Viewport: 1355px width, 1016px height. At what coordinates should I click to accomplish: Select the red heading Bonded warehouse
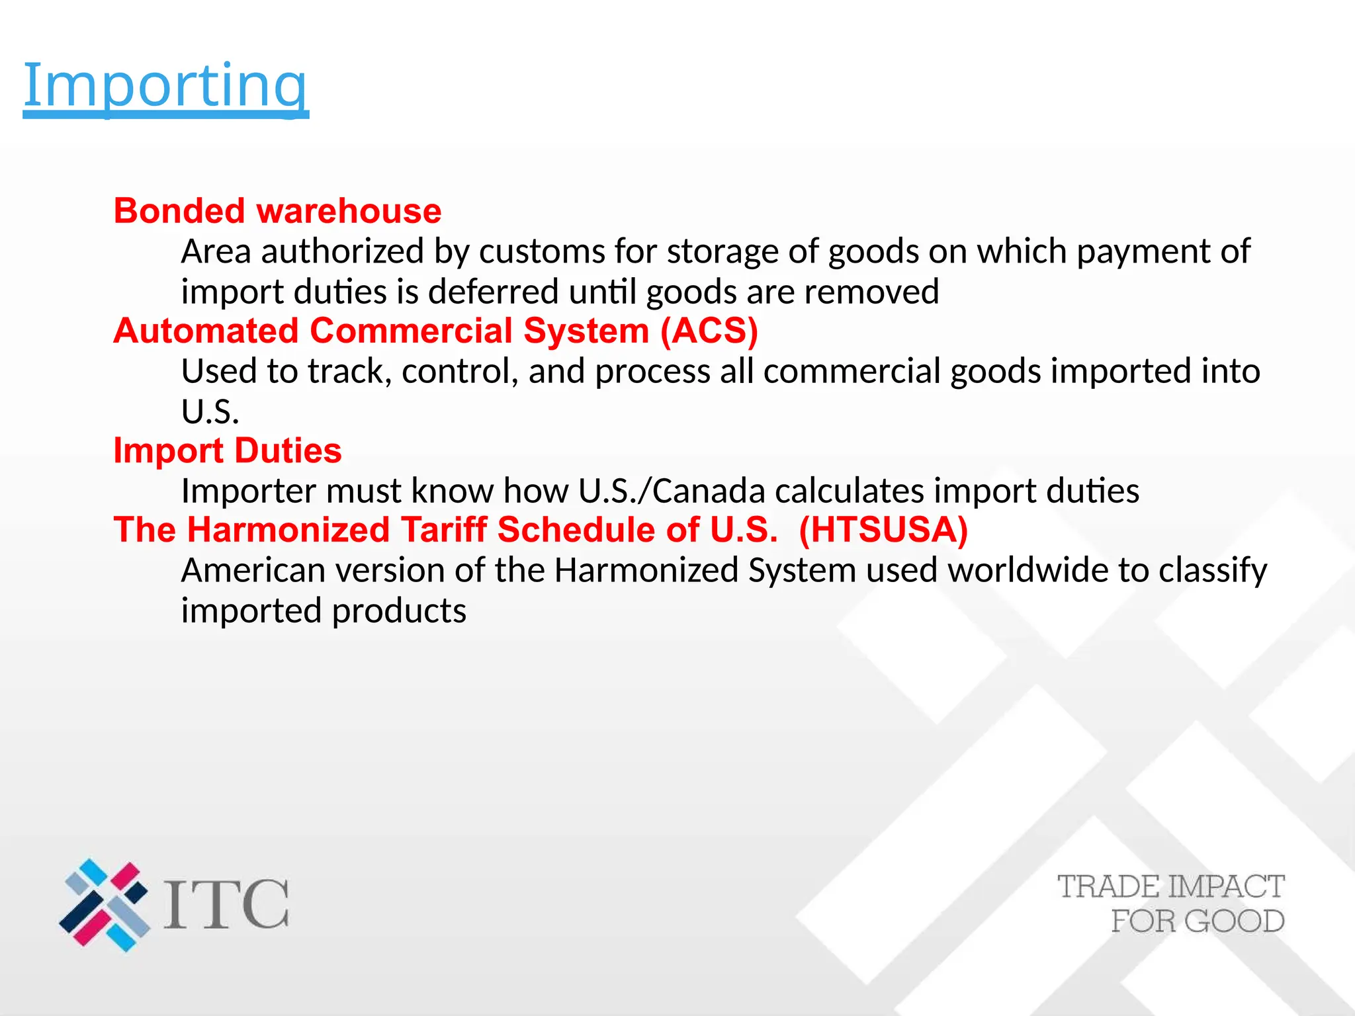277,211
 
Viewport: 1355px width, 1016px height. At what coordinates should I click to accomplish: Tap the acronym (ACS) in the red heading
709,331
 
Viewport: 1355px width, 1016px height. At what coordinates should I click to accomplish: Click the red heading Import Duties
228,450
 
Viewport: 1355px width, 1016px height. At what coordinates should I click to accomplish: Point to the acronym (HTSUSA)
883,530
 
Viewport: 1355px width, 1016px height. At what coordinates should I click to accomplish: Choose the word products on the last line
399,611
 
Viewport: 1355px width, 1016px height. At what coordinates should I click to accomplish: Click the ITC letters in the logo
226,904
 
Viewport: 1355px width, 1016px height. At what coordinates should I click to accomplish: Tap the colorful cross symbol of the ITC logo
105,905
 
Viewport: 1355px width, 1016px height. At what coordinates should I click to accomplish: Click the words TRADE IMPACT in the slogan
1170,887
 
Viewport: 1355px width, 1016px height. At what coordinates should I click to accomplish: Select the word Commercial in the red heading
411,331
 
